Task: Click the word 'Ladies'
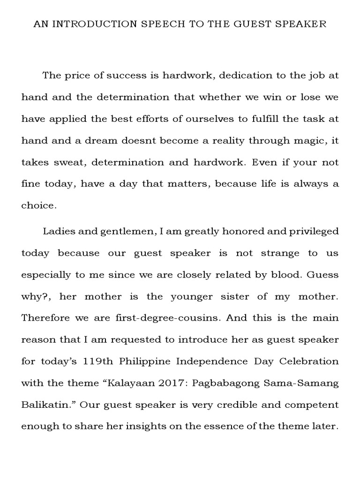56,232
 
